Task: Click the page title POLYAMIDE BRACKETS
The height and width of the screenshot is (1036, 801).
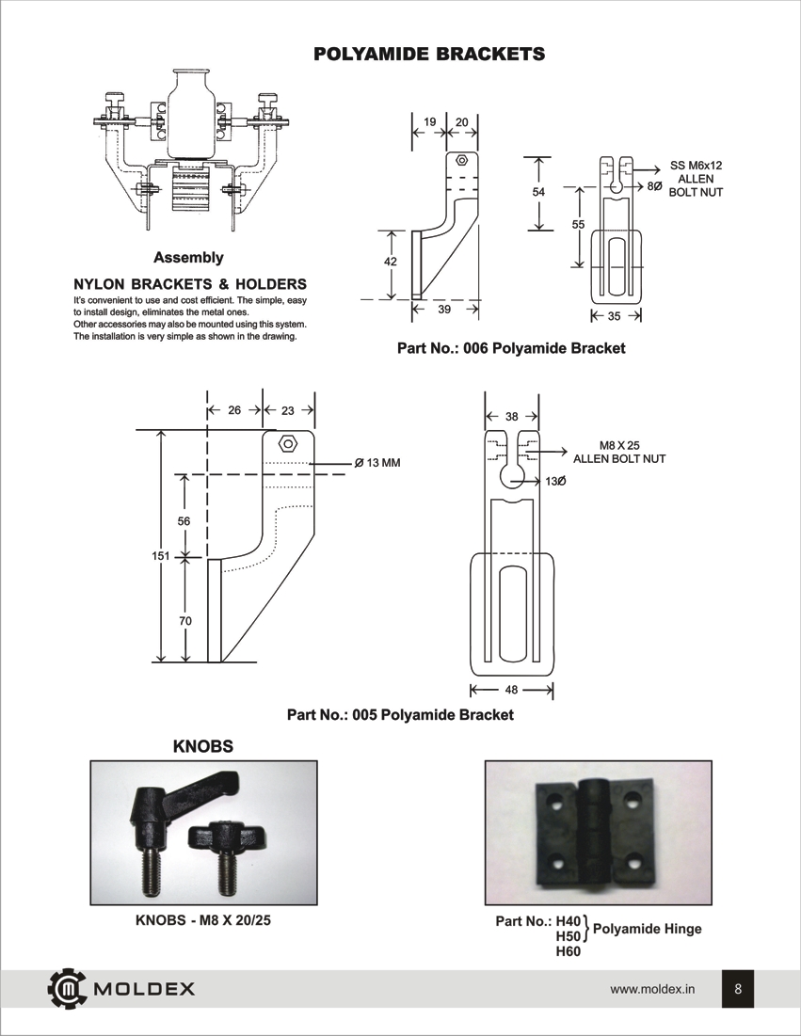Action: click(x=429, y=54)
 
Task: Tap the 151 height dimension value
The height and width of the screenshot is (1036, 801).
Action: click(x=160, y=556)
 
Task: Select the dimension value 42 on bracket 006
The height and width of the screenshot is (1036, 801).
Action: click(x=391, y=263)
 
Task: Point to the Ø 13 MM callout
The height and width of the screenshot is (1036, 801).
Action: click(x=377, y=463)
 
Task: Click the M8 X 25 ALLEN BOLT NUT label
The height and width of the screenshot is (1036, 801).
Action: click(x=619, y=452)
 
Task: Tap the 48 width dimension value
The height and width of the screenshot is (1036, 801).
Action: click(x=511, y=690)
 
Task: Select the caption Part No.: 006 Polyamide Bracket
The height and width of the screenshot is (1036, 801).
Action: click(x=511, y=348)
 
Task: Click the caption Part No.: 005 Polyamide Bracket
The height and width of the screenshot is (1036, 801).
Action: click(x=400, y=715)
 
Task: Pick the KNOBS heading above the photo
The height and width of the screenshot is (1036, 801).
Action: click(x=203, y=746)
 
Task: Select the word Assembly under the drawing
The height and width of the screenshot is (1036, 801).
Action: click(x=188, y=257)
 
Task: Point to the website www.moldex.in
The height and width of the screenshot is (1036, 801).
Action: click(x=652, y=989)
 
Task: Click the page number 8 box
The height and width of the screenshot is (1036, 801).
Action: click(x=738, y=989)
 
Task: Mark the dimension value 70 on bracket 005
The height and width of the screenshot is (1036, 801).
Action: click(x=184, y=622)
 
